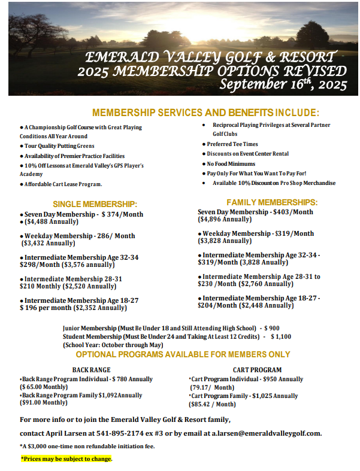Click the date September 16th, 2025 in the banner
click(x=283, y=84)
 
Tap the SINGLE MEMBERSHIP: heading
click(x=95, y=204)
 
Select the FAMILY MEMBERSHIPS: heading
click(x=272, y=202)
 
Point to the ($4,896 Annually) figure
click(x=225, y=220)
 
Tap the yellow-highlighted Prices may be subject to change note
click(x=66, y=459)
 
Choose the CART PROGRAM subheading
click(x=257, y=370)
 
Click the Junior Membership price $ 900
click(x=271, y=328)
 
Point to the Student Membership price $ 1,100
click(x=280, y=336)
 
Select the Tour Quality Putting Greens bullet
click(x=59, y=145)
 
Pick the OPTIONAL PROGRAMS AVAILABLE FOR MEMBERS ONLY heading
click(x=183, y=354)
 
